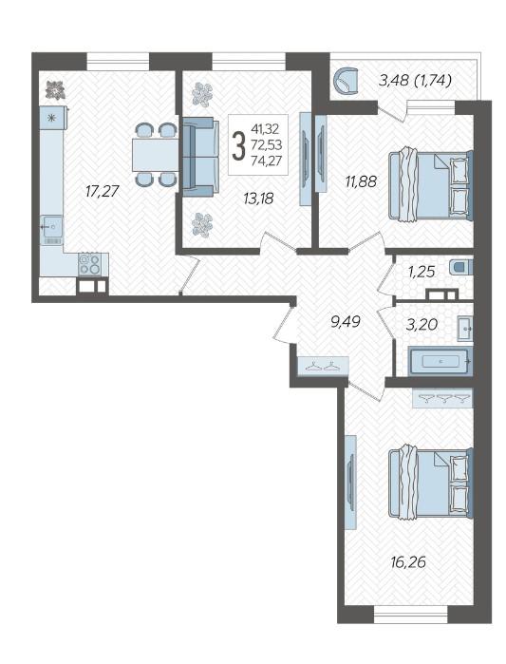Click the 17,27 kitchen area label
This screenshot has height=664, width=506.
click(x=103, y=192)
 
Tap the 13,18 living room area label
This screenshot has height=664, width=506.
click(x=258, y=198)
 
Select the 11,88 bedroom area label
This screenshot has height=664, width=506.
click(x=361, y=181)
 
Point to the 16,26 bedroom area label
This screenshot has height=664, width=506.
click(x=408, y=562)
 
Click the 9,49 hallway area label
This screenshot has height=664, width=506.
click(x=346, y=322)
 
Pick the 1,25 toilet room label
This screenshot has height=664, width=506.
click(x=422, y=273)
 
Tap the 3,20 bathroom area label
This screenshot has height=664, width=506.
click(x=422, y=325)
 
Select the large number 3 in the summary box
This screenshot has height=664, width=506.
click(x=239, y=145)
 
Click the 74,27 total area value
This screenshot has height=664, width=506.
click(x=266, y=161)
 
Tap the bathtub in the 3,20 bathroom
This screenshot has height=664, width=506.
click(x=440, y=361)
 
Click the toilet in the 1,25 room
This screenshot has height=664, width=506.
click(x=461, y=267)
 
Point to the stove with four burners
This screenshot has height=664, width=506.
click(x=90, y=264)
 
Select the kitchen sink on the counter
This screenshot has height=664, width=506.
click(x=52, y=229)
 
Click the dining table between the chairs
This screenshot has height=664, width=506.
click(x=156, y=155)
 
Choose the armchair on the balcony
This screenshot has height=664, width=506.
click(x=347, y=82)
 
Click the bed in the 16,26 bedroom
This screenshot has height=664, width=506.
click(x=430, y=483)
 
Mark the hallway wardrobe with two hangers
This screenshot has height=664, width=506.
click(x=323, y=366)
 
